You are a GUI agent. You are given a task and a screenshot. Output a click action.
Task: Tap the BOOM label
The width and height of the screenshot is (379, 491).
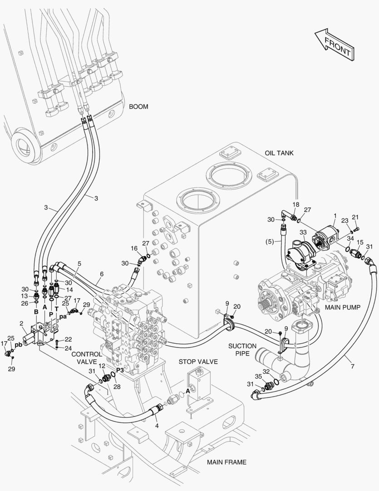coord(138,107)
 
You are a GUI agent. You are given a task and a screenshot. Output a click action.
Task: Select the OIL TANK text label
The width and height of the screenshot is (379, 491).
coord(279,153)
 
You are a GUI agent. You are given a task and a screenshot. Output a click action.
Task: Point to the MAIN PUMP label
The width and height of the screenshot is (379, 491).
coord(342,308)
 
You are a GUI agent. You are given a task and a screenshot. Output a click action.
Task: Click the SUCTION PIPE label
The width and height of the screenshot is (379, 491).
coord(242,349)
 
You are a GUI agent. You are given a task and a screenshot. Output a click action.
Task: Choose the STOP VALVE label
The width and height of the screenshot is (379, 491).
coord(198,362)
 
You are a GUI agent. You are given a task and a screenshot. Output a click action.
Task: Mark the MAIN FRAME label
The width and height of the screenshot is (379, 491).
coord(226,462)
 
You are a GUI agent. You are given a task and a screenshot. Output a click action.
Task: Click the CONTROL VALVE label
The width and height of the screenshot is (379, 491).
coord(86,358)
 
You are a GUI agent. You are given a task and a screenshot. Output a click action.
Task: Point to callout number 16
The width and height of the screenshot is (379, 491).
coord(134,248)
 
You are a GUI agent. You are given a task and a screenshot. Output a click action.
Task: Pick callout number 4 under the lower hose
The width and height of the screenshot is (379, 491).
coord(157,426)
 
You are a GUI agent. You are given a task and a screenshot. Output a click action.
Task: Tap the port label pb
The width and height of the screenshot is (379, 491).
coord(18,345)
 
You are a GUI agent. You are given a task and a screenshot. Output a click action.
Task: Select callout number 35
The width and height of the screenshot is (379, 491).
coord(258,377)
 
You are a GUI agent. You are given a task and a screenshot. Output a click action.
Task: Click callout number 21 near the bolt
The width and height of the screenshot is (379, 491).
coord(355,217)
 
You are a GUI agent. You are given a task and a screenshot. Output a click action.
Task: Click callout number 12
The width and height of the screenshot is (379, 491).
coord(102,366)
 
